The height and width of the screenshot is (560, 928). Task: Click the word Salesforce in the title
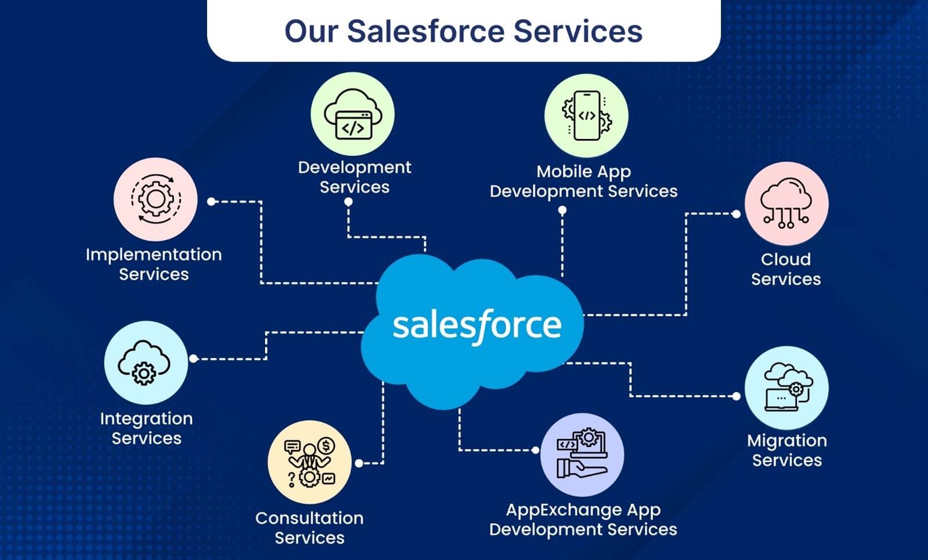(x=426, y=31)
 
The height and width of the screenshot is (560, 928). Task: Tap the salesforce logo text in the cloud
(x=477, y=326)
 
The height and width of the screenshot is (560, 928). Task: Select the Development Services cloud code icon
(x=353, y=114)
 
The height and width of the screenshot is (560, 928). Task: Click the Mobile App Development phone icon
(x=587, y=116)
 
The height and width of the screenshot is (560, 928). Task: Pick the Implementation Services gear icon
(x=156, y=199)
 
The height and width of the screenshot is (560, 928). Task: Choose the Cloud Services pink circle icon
(x=787, y=203)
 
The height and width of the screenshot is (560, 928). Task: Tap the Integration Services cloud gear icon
(x=144, y=362)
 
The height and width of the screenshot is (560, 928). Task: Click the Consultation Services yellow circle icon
(x=309, y=463)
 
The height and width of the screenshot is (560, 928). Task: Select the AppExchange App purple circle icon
(x=582, y=454)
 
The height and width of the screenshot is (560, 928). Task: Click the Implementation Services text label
(x=154, y=264)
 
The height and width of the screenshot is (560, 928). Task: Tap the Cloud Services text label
(x=786, y=269)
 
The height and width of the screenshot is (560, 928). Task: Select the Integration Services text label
(x=146, y=428)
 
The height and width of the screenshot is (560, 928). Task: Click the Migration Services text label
(x=787, y=450)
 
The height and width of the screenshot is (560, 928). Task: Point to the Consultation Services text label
(x=309, y=528)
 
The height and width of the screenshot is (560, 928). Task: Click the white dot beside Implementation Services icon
(x=211, y=202)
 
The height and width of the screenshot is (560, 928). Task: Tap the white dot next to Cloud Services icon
(x=736, y=214)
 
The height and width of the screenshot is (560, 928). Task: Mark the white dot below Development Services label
(x=348, y=202)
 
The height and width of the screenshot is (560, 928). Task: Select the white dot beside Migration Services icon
(x=736, y=396)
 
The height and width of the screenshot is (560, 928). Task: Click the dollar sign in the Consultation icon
(x=326, y=446)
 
